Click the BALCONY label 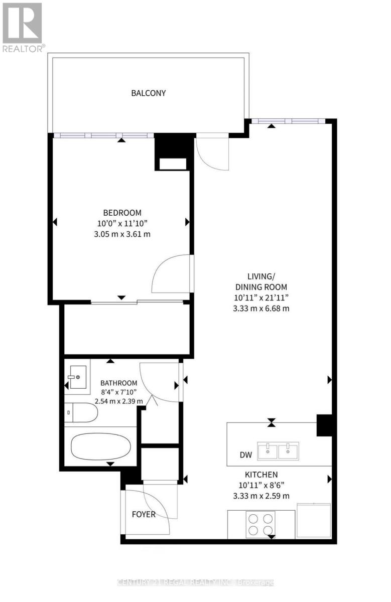coord(148,93)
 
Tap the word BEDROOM coord(122,212)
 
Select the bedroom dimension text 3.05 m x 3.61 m coord(122,234)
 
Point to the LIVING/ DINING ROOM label coord(261,282)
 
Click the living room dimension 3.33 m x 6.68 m coord(261,309)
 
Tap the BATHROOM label coord(118,383)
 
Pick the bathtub coord(100,446)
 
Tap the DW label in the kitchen coord(245,455)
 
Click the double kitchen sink coord(278,450)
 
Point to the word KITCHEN coord(261,475)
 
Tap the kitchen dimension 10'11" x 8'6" coord(261,485)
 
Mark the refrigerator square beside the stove coord(314,520)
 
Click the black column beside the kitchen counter coord(324,425)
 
